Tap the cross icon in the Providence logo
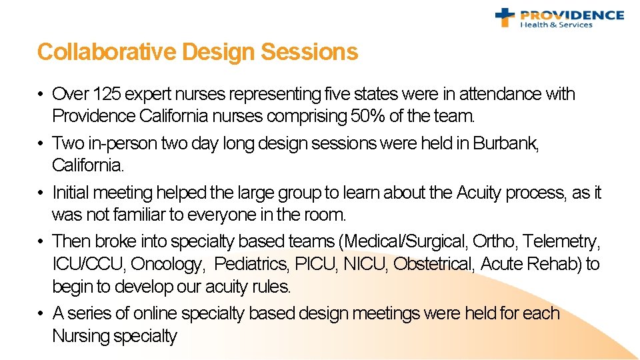tap(505, 17)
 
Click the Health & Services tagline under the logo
tap(556, 25)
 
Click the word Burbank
tap(505, 143)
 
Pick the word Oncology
tap(167, 264)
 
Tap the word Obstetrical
tap(434, 264)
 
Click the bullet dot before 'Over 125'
tap(41, 95)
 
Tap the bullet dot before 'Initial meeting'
tap(41, 193)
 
